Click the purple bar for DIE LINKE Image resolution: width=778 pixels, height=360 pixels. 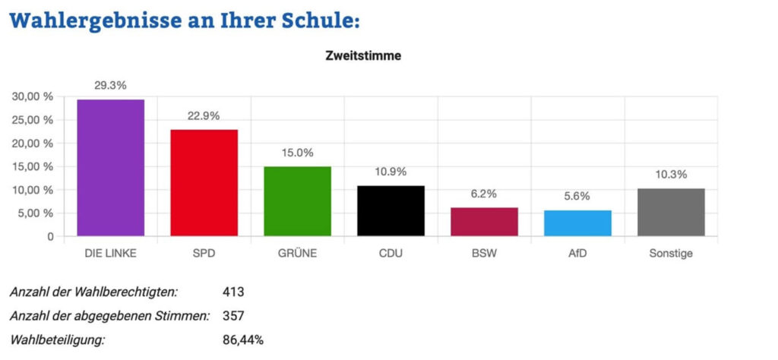click(110, 167)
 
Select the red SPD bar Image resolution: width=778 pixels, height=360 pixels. click(204, 182)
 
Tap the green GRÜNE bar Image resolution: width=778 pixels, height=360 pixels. click(297, 201)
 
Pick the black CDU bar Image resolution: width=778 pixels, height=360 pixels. click(391, 210)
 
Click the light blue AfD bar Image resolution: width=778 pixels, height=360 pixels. click(578, 223)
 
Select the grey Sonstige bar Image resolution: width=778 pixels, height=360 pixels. click(671, 212)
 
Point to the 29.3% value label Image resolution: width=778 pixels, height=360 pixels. click(110, 86)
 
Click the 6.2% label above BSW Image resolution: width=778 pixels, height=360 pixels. click(484, 194)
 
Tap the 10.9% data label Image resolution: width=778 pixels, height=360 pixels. click(391, 172)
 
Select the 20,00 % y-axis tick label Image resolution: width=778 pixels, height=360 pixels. click(32, 144)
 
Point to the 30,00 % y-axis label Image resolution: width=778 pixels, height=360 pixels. click(32, 96)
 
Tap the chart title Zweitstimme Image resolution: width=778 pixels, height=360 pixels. click(363, 55)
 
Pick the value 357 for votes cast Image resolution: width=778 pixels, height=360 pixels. click(232, 315)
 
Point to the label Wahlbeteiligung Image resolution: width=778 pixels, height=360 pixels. click(58, 339)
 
